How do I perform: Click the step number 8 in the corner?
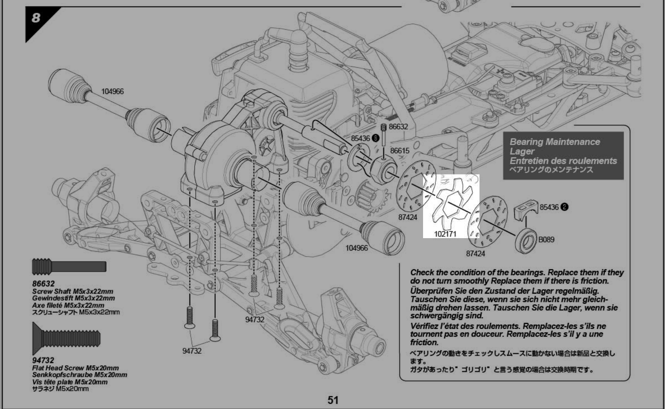coord(36,17)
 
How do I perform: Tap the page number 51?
coord(333,400)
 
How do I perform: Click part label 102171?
coord(445,234)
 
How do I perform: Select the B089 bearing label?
coord(546,239)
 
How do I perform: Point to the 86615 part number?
coord(399,151)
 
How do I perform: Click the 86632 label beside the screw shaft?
coord(399,127)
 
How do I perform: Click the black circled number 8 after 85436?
coord(375,138)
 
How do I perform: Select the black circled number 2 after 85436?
coord(565,207)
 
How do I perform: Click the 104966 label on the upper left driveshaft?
coord(112,91)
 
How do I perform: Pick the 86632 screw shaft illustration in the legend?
coord(69,267)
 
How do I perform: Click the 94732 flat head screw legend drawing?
coord(66,338)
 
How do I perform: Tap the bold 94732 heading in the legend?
coord(43,360)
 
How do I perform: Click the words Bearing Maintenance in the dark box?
coord(555,142)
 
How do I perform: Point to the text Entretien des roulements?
coord(563,161)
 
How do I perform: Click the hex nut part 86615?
coord(383,170)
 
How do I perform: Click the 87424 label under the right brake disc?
coord(475,253)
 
